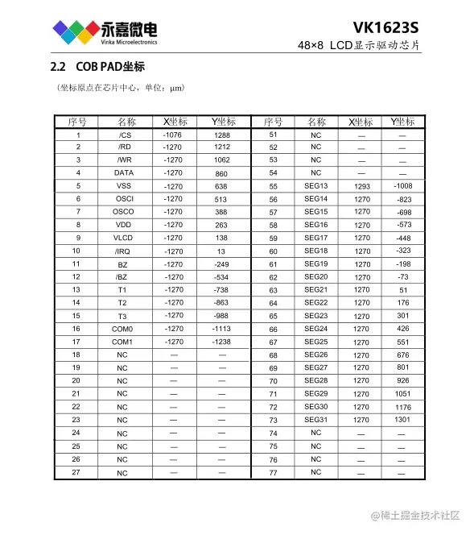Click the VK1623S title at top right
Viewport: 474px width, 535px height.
(385, 27)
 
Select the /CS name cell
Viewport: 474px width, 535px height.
(124, 135)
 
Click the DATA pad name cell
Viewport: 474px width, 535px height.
(124, 173)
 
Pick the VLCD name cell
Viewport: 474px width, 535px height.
(122, 238)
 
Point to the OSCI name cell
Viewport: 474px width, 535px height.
(124, 199)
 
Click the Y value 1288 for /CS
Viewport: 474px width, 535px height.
(222, 135)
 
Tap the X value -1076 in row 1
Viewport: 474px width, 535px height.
(173, 135)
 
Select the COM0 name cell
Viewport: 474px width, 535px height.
(122, 330)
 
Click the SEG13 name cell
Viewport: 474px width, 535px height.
(315, 186)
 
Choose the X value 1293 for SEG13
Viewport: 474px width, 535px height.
(362, 186)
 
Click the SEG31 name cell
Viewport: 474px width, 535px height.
(315, 420)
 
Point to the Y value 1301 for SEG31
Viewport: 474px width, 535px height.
(402, 420)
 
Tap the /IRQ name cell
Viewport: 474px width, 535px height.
(122, 251)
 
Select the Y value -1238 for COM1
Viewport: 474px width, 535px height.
(221, 342)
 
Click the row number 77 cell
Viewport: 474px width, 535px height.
(273, 472)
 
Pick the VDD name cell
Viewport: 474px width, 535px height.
(123, 226)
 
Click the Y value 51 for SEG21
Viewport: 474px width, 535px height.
(403, 290)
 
